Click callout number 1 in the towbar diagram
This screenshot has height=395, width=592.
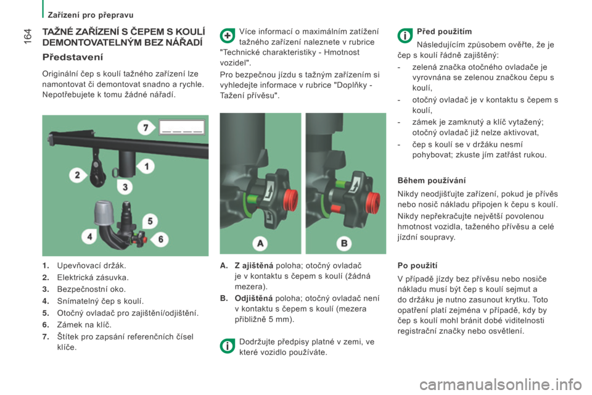click(147, 166)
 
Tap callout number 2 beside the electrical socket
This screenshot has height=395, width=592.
click(78, 175)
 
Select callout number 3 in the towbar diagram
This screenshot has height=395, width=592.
click(125, 187)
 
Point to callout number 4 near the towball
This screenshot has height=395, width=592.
click(89, 236)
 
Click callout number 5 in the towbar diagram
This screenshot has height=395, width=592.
click(150, 221)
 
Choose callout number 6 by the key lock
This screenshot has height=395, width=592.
click(160, 239)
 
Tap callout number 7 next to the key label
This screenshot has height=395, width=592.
click(146, 128)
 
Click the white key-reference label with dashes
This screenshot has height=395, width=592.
click(181, 127)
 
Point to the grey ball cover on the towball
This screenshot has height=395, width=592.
click(101, 212)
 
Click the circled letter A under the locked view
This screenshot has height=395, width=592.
click(260, 243)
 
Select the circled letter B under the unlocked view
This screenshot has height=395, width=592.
click(344, 243)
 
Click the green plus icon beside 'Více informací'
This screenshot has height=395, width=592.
click(228, 36)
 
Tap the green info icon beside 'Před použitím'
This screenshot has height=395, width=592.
click(405, 36)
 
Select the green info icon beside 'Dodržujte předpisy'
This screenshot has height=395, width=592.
click(228, 346)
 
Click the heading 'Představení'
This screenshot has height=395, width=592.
click(73, 57)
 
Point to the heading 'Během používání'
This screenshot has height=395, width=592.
click(432, 181)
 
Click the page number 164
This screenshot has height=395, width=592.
click(28, 36)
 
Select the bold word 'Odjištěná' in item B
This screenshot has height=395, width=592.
click(253, 298)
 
